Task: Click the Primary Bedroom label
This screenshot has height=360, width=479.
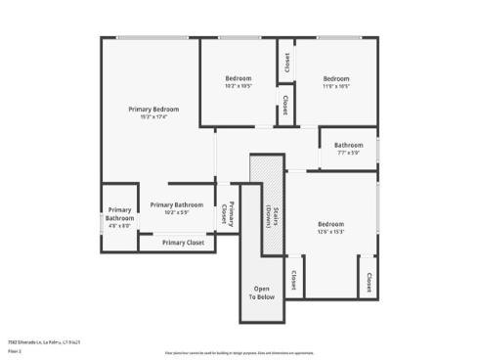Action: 154,109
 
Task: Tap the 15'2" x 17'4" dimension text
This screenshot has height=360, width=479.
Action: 154,117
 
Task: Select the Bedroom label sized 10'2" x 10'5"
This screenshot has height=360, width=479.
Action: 239,78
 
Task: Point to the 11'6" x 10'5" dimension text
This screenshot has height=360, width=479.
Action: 336,86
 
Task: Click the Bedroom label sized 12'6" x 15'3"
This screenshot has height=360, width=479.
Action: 330,224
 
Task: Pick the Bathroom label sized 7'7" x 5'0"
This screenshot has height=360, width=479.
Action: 349,145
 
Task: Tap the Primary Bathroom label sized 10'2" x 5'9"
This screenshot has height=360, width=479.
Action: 177,204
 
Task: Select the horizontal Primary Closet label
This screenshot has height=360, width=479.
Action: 183,243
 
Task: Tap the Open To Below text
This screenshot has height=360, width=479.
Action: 262,292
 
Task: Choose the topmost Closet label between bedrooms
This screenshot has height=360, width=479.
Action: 285,64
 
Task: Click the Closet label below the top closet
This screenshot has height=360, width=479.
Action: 285,104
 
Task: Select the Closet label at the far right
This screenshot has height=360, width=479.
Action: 369,283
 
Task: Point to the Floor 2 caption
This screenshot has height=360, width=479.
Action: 15,350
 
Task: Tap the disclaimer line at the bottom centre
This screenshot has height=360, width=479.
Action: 239,351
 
